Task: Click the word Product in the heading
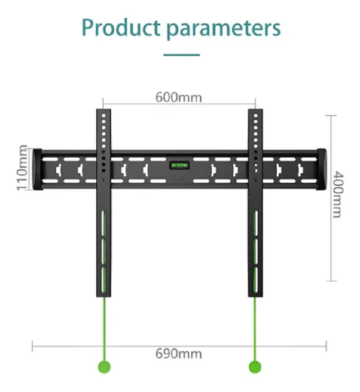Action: tap(121, 27)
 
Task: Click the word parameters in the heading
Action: tap(224, 29)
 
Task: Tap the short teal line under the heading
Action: tap(181, 55)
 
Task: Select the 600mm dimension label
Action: tap(179, 97)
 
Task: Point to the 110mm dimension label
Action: tap(22, 167)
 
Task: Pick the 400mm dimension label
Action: tap(338, 194)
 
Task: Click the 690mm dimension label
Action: tap(179, 354)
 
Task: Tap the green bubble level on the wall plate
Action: tap(180, 165)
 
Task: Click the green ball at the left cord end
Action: tap(104, 367)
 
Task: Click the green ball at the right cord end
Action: tap(255, 367)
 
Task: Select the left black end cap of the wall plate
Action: tap(37, 169)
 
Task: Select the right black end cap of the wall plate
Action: tap(321, 169)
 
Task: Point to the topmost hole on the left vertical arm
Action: tap(104, 116)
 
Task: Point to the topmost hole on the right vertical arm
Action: tap(256, 116)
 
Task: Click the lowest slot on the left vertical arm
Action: tap(103, 280)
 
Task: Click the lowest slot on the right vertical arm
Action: tap(256, 280)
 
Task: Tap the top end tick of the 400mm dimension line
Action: tap(331, 116)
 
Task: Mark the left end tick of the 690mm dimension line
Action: tap(32, 346)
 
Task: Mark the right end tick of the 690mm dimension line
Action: tap(326, 346)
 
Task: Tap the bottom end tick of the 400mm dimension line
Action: tap(331, 281)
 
